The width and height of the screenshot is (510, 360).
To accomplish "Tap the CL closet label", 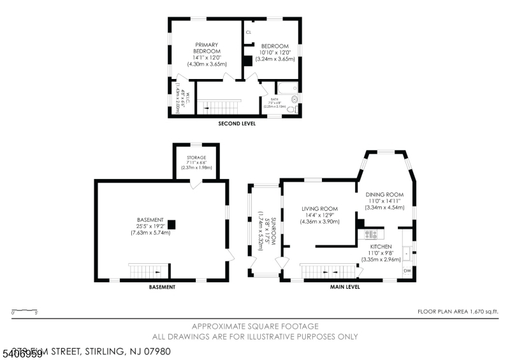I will (248, 32).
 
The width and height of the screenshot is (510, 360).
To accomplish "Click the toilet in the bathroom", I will (291, 110).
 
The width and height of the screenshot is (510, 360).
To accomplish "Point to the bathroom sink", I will (294, 99).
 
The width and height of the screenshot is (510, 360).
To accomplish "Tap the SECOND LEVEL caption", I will (237, 124).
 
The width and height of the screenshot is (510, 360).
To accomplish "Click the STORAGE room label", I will (196, 157).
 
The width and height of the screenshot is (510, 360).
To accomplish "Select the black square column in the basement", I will (171, 223).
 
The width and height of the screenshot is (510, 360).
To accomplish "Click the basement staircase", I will (149, 271).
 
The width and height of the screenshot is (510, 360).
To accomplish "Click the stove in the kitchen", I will (371, 234).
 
